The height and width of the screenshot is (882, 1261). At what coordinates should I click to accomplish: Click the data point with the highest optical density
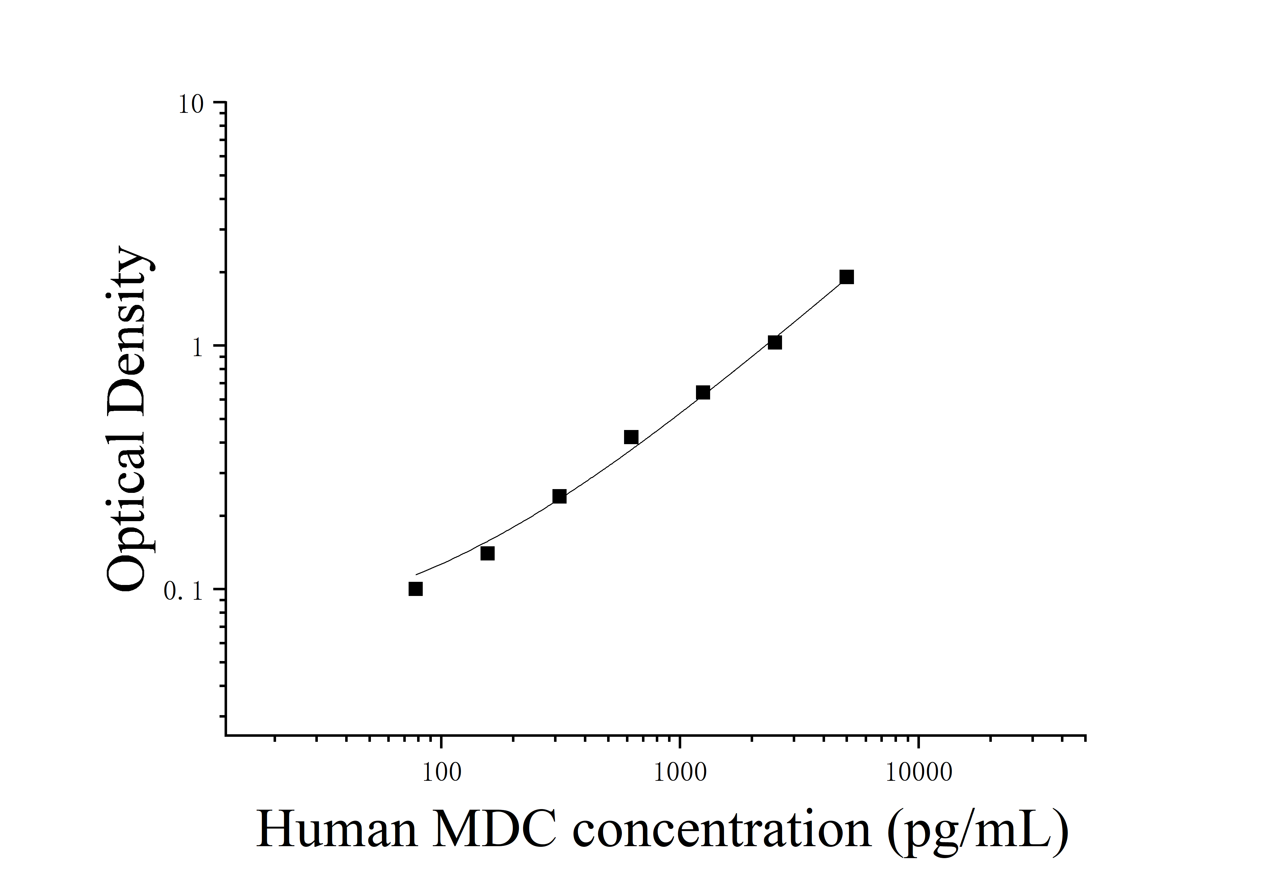click(846, 277)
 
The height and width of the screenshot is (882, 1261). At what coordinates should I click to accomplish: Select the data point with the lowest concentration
click(416, 589)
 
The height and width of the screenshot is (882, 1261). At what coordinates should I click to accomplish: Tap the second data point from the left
click(487, 553)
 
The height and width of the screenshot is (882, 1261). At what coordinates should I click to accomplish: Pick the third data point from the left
click(559, 496)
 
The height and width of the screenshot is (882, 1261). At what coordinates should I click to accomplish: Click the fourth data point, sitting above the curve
click(631, 438)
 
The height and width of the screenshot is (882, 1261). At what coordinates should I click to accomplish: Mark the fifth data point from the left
click(703, 392)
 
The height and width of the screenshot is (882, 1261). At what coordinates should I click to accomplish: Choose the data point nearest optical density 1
click(775, 342)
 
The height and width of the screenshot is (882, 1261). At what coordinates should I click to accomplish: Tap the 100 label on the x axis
click(442, 773)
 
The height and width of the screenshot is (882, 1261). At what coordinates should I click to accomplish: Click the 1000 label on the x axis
click(680, 773)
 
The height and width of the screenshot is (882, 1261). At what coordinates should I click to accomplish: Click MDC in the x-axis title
click(494, 830)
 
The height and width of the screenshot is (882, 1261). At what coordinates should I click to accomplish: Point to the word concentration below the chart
click(721, 830)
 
